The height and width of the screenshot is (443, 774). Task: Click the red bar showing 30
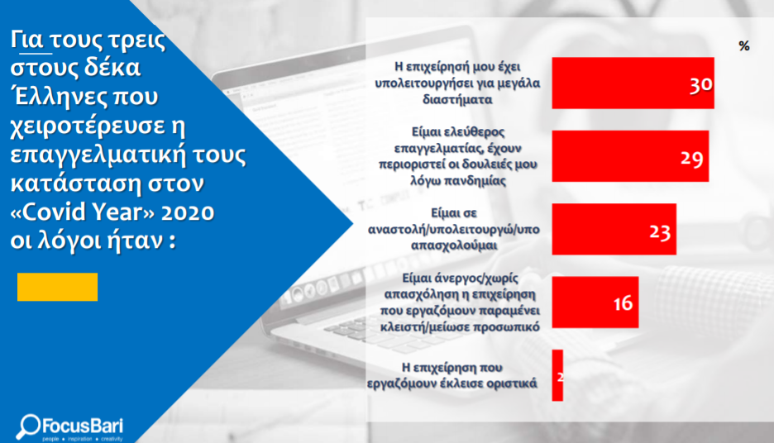click(x=633, y=83)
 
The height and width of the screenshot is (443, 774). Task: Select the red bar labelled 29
click(x=630, y=156)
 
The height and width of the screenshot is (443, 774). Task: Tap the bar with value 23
click(x=614, y=229)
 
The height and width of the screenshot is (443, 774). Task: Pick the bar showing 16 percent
click(x=595, y=302)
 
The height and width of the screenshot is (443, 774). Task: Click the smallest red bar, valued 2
click(x=557, y=375)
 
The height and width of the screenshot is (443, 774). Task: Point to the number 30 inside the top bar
click(x=701, y=85)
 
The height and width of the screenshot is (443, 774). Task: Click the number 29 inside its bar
click(x=691, y=159)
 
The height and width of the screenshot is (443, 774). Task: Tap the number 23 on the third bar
click(x=660, y=231)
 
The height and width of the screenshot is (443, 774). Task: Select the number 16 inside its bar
click(x=623, y=302)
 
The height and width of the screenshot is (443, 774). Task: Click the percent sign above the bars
click(x=744, y=46)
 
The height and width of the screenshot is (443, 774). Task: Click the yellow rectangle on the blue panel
click(x=57, y=287)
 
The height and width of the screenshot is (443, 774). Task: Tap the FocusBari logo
click(x=69, y=427)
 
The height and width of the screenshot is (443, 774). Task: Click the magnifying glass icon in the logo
click(x=27, y=426)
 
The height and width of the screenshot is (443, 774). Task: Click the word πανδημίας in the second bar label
click(x=475, y=180)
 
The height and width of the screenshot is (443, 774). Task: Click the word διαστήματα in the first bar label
click(x=457, y=99)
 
